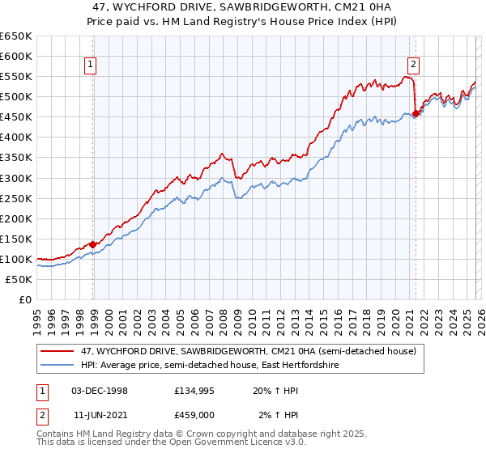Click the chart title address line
243,6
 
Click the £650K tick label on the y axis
16,36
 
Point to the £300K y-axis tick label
16,178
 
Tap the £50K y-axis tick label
19,279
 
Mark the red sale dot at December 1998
93,244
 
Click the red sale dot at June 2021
416,114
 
